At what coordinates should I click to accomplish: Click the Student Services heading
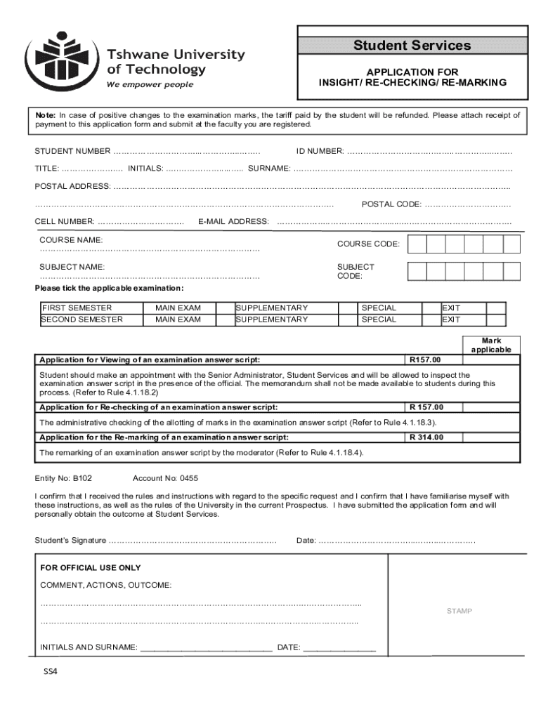point(412,46)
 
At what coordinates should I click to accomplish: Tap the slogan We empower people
point(150,85)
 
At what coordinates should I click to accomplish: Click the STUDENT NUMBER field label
point(73,152)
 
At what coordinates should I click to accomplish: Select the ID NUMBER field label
point(320,152)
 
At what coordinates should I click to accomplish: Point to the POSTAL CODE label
point(391,204)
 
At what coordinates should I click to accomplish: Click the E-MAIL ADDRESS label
point(233,222)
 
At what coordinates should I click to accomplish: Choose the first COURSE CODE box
point(417,244)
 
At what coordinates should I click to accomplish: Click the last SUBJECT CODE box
point(511,271)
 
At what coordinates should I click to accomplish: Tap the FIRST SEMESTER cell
point(77,308)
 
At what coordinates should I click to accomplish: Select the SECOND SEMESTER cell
point(82,319)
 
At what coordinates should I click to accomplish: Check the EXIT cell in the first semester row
point(450,308)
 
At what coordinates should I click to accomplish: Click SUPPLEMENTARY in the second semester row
point(272,319)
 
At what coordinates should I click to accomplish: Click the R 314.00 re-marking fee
point(426,437)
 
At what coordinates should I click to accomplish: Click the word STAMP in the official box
point(459,611)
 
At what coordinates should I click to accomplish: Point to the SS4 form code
point(50,671)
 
